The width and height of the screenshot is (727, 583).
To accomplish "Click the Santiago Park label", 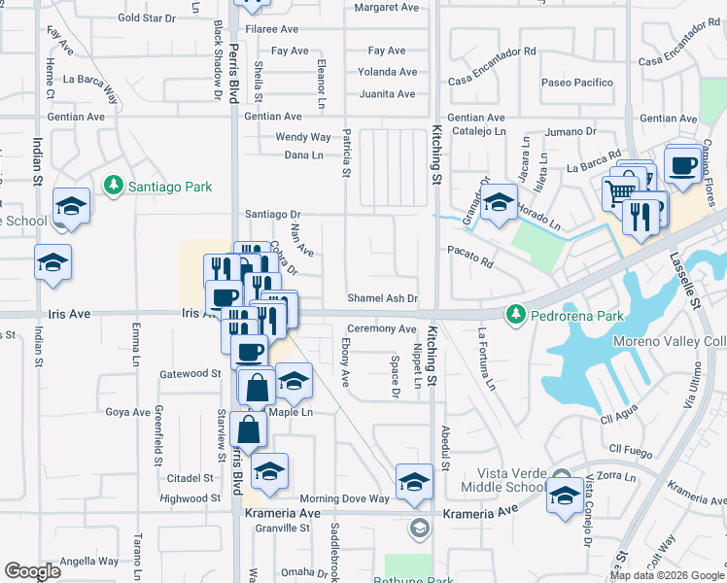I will pyautogui.click(x=154, y=185).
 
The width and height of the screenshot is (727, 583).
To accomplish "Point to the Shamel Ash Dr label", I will pyautogui.click(x=383, y=298).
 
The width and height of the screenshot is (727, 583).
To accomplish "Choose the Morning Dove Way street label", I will pyautogui.click(x=344, y=498).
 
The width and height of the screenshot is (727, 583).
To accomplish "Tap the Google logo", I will pyautogui.click(x=32, y=571).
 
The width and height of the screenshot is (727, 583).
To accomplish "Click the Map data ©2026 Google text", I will pyautogui.click(x=667, y=575).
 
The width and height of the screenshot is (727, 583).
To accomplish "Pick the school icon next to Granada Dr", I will pyautogui.click(x=499, y=202).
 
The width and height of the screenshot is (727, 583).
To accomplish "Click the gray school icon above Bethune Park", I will pyautogui.click(x=419, y=528).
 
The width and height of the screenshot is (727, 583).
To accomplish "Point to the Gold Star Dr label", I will pyautogui.click(x=146, y=17).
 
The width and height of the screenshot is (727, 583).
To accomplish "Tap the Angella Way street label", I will pyautogui.click(x=89, y=561).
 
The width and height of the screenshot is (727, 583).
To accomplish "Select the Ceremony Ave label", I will pyautogui.click(x=382, y=329).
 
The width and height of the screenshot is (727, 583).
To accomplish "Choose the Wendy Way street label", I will pyautogui.click(x=303, y=137).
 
